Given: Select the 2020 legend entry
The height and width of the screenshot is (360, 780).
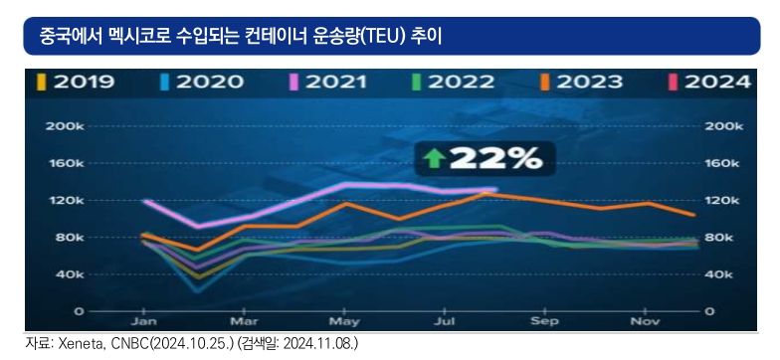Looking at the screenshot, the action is tap(203, 82).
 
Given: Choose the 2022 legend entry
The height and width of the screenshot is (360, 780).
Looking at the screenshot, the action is tap(454, 82).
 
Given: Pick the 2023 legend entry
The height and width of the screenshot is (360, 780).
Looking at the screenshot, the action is tap(581, 82).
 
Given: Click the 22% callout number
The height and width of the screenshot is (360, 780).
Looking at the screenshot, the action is tap(495, 159).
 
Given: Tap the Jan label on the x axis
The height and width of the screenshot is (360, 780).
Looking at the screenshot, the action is tap(143, 322).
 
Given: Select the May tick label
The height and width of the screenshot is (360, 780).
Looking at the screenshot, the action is tap(344, 322).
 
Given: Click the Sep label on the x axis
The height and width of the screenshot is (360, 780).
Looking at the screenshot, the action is tap(545, 322).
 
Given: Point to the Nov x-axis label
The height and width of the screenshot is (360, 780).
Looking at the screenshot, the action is tap(645, 322).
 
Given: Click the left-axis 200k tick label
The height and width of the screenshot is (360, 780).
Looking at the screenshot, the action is tap(66, 126).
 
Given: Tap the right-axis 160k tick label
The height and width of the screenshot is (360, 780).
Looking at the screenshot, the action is tap(724, 163).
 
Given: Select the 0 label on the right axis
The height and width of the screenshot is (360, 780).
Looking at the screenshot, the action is tap(710, 312).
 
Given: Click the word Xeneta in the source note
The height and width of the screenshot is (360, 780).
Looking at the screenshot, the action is tap(75, 344).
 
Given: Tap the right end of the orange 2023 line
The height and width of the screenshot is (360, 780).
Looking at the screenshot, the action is tap(694, 215).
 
